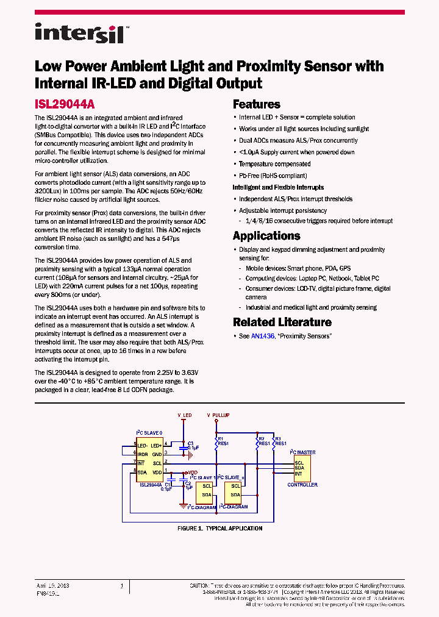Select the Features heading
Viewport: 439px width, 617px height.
256,104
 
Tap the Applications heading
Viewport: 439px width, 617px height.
266,236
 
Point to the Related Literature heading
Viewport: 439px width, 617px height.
282,323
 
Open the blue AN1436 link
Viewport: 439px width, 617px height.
262,337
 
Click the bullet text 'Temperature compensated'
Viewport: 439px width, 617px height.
274,164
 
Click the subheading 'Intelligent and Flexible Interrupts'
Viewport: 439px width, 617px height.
278,187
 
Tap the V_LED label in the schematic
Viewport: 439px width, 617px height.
185,415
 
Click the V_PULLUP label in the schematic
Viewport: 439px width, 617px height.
218,415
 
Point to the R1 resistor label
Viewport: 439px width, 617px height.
221,438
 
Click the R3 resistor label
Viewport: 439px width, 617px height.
278,438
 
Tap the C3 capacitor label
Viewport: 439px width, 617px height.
190,443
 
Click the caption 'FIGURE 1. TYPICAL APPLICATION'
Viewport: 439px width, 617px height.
220,529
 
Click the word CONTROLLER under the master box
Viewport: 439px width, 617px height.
302,485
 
